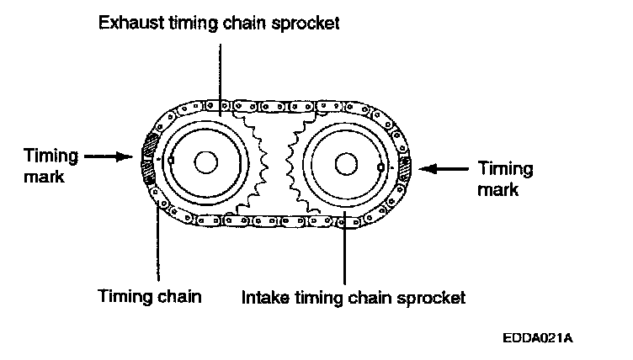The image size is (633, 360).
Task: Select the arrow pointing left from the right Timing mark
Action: (440, 168)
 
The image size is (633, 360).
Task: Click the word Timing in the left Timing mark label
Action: (50, 156)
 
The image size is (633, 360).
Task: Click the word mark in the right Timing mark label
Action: (494, 190)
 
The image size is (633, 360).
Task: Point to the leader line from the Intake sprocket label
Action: (345, 252)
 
